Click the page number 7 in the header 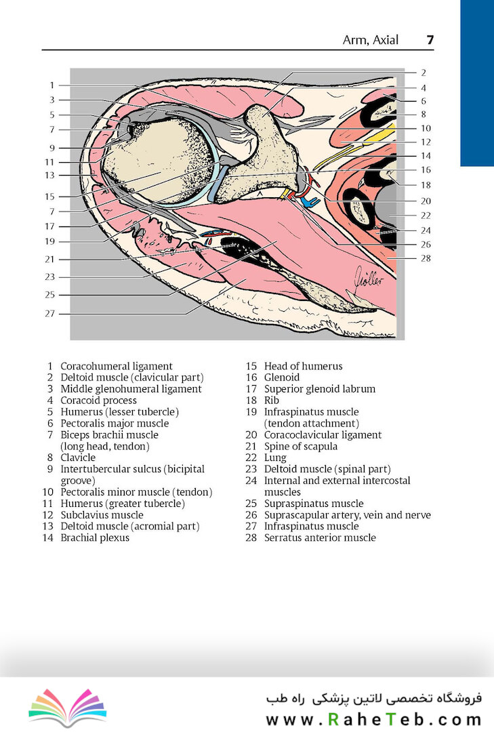pos(430,40)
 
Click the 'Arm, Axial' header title pos(371,40)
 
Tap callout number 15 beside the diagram pos(49,197)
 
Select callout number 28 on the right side pos(426,258)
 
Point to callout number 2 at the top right pos(423,73)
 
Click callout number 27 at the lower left pos(49,313)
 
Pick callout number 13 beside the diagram pos(49,175)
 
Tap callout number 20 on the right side pos(426,201)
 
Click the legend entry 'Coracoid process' pos(98,401)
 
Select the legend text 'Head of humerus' pos(303,367)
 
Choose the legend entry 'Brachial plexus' pos(95,537)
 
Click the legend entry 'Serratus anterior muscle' pos(320,537)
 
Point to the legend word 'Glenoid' pos(281,378)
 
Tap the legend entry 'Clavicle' pos(78,458)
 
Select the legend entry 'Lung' pos(275,458)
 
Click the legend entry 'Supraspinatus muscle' pos(314,504)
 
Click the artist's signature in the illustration pos(369,277)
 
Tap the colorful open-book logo pos(68,707)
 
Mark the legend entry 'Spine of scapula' pos(301,446)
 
